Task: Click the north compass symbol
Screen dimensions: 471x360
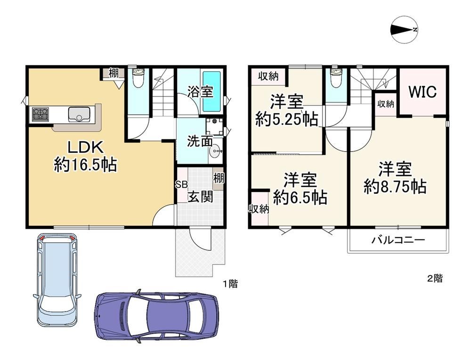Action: click(404, 30)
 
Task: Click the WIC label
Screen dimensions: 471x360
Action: click(422, 92)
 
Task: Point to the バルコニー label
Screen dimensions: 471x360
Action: click(398, 240)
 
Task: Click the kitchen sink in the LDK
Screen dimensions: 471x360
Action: click(79, 114)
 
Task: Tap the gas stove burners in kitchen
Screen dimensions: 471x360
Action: click(40, 114)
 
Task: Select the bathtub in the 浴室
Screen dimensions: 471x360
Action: click(212, 91)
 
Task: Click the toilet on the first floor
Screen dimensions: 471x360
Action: click(138, 78)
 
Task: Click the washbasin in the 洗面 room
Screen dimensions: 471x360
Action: click(216, 151)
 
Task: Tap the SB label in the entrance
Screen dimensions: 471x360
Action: click(181, 184)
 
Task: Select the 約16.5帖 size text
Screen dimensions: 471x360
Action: click(86, 164)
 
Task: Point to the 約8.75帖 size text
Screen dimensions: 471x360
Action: click(395, 186)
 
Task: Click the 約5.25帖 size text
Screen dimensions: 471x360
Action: click(286, 119)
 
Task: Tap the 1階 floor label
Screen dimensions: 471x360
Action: click(230, 283)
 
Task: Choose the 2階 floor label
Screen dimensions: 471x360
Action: click(435, 279)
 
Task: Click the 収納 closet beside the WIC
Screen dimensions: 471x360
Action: click(386, 104)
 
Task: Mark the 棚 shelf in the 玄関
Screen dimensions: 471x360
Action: click(219, 178)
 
